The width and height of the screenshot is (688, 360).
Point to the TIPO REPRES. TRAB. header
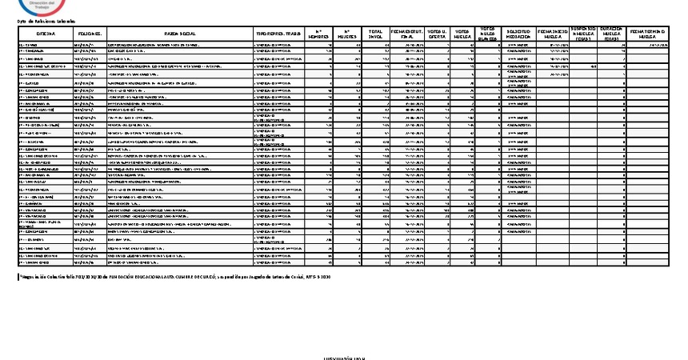[x=278, y=34]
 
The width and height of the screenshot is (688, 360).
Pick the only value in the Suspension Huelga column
[x=592, y=67]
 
